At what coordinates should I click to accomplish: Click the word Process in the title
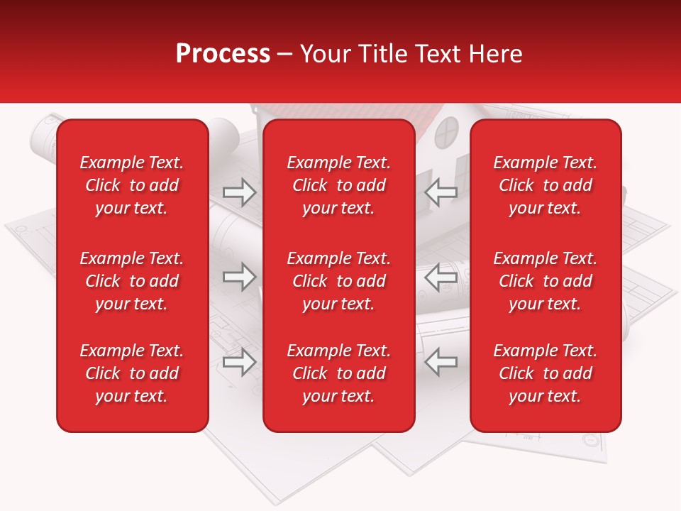click(223, 54)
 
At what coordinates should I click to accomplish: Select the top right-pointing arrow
click(239, 192)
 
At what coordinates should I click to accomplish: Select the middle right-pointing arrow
click(239, 277)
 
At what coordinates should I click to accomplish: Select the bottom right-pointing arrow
click(239, 362)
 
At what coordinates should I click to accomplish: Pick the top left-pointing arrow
click(441, 192)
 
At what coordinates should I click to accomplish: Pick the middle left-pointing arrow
click(441, 277)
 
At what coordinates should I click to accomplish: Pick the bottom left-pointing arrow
click(441, 362)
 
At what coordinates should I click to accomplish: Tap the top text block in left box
click(132, 185)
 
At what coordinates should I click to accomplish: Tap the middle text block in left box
click(132, 281)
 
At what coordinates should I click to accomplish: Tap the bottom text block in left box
click(132, 373)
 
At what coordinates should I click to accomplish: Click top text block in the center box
click(338, 185)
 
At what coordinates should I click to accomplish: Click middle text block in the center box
click(338, 281)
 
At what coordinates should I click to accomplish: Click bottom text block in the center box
click(338, 373)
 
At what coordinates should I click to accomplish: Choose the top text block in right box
click(545, 185)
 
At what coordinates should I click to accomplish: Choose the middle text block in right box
click(545, 281)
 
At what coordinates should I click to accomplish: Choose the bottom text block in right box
click(545, 373)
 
